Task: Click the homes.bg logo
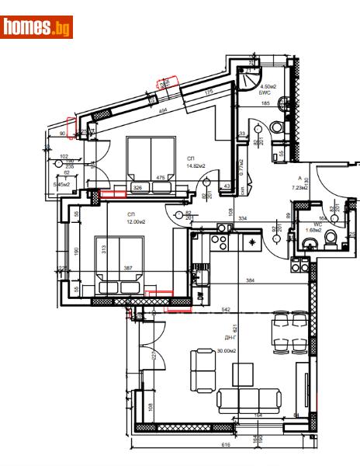tap(37, 27)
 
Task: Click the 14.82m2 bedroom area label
tap(195, 165)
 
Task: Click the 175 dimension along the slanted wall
tap(209, 93)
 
